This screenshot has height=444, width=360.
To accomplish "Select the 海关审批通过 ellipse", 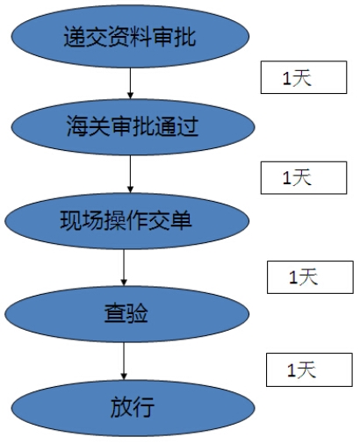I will coord(129,126).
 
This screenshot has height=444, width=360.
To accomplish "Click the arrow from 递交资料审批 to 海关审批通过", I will coord(130,82).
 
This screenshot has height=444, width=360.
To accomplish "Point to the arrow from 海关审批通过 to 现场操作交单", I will coord(130,173).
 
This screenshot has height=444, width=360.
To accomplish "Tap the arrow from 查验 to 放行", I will coord(124,359).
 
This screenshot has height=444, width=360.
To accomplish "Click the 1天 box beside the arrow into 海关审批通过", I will coord(298,79).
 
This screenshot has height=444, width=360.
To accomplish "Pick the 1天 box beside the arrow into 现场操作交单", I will coord(298,177).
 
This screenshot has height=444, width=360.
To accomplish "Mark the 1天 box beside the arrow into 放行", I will coord(303,369).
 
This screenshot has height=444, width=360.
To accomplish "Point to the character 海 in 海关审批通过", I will coord(76,126).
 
